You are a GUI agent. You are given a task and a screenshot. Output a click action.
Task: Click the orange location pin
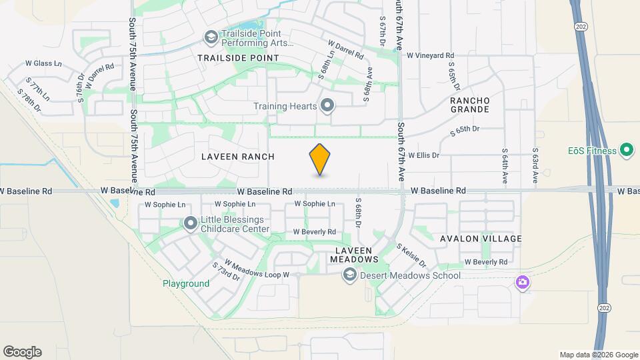pos(320,159)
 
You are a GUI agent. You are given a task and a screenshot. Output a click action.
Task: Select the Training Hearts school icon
pos(327,105)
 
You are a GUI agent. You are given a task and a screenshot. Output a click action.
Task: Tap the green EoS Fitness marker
pos(627,150)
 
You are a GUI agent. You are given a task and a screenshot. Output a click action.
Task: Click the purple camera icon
pos(523,283)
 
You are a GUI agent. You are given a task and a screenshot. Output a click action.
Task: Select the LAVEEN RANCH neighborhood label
pos(229,157)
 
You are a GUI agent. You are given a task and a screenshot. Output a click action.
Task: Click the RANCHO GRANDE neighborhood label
pos(470,104)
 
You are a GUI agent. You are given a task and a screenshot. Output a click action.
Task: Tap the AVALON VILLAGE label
pos(481,239)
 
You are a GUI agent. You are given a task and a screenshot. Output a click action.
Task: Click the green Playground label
pos(186,283)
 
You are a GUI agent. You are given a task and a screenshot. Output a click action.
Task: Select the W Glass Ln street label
pos(43,64)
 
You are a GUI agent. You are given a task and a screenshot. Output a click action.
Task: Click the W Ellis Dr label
pos(424,155)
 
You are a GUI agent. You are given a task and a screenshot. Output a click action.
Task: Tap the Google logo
pos(22,352)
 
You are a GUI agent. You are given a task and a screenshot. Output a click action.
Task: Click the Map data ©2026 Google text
pos(598,355)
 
